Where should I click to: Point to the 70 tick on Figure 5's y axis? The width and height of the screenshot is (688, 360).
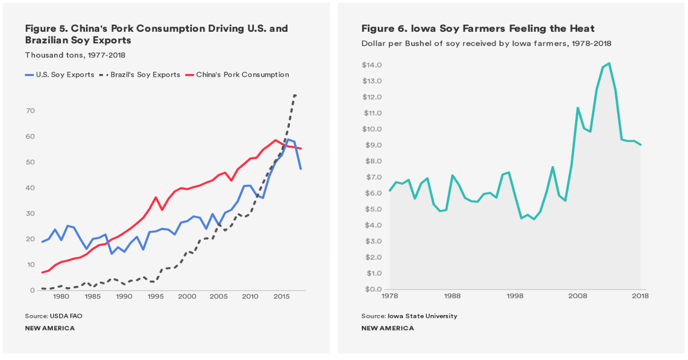click(30, 111)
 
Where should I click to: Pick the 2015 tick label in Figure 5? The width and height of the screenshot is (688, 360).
click(282, 296)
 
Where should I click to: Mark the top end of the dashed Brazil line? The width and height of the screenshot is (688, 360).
click(295, 95)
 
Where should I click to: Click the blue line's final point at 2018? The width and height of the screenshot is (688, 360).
click(300, 169)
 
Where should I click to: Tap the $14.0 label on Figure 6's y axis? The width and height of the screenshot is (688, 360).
click(371, 65)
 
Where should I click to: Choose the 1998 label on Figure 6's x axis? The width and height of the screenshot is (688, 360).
click(514, 296)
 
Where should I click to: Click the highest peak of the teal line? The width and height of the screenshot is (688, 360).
click(609, 63)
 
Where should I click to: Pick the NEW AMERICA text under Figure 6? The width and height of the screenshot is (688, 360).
click(388, 328)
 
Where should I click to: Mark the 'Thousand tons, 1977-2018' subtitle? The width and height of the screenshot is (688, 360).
click(75, 55)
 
